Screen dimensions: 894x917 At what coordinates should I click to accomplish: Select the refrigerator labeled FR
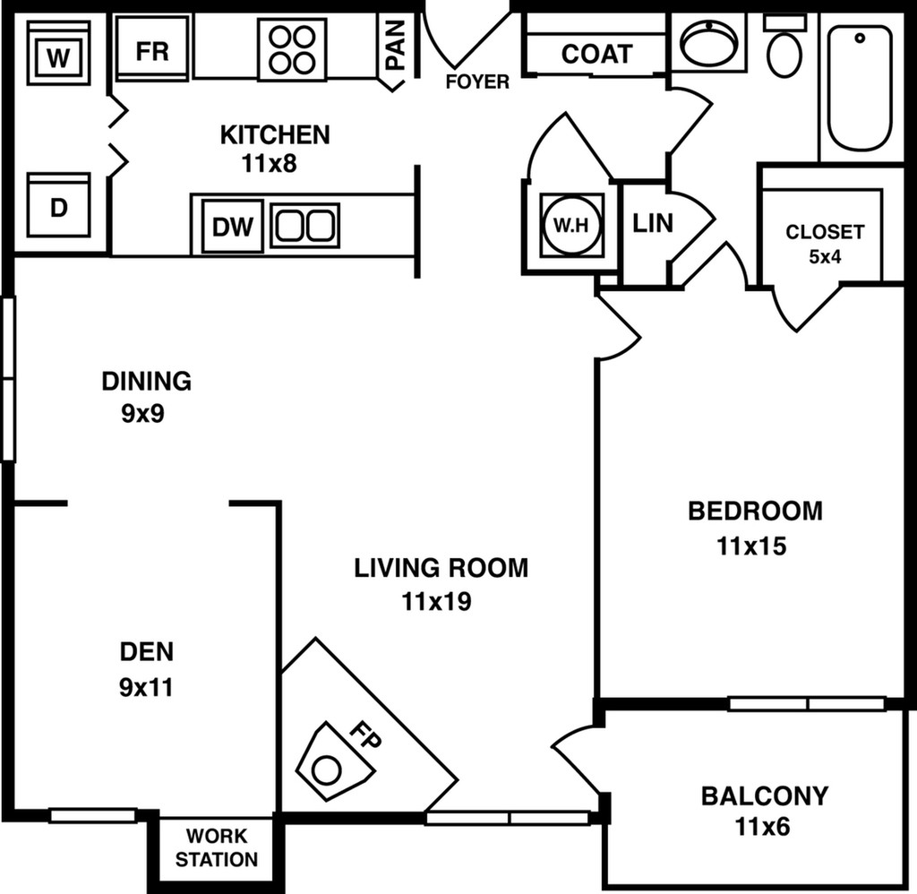152,50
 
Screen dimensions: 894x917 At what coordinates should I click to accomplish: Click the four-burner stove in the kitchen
291,47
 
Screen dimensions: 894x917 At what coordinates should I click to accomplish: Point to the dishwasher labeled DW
233,225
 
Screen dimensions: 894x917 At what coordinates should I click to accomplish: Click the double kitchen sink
305,224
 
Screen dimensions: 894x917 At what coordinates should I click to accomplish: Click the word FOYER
477,82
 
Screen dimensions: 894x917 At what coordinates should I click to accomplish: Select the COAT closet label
596,54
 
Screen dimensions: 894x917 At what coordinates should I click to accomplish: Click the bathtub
859,88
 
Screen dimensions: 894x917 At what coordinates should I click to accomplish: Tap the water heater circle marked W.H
570,226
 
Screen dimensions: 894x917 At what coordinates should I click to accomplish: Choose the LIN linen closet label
652,223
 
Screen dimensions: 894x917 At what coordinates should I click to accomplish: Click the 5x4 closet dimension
825,257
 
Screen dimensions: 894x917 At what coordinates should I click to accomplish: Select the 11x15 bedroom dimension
751,545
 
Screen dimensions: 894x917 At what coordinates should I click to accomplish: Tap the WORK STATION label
216,848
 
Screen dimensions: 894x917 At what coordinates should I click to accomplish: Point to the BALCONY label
764,795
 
